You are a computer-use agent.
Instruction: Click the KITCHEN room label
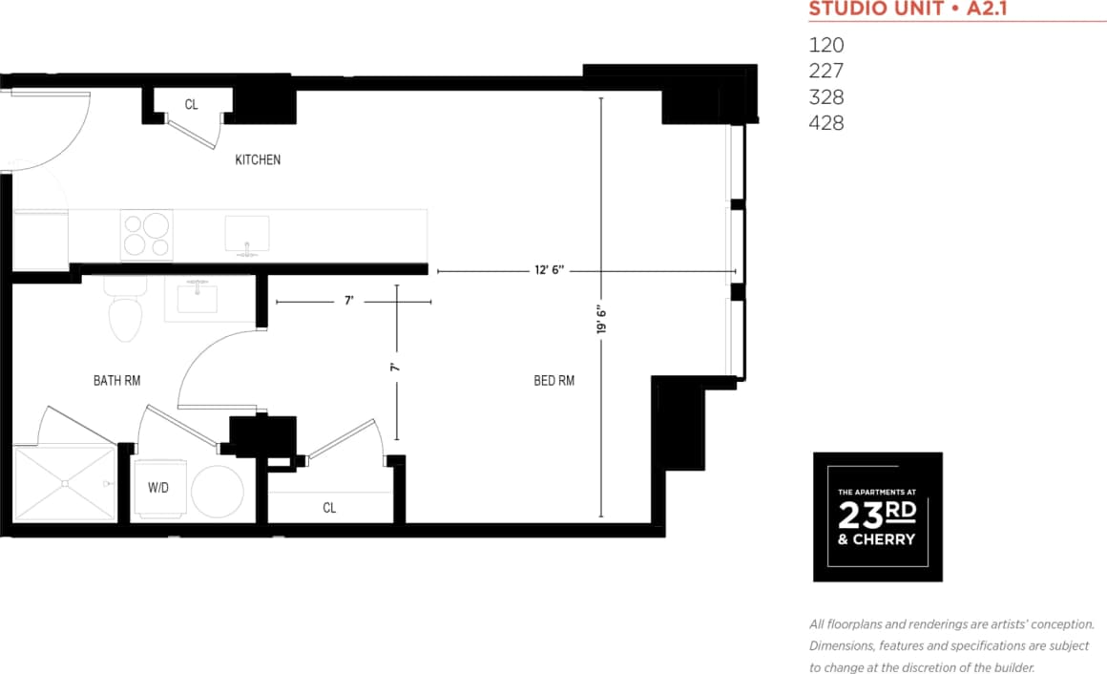click(x=258, y=160)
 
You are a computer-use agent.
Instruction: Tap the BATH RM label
click(x=116, y=380)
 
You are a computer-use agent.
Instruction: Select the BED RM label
click(x=553, y=381)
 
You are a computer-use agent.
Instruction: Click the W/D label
click(x=158, y=487)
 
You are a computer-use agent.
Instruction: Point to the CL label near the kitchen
click(x=192, y=104)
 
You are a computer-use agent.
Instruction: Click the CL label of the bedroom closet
click(x=329, y=508)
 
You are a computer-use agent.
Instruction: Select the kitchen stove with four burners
click(x=147, y=235)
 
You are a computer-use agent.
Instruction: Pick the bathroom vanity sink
click(x=198, y=300)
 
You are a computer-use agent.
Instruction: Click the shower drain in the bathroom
click(x=64, y=484)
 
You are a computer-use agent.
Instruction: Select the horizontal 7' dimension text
click(x=349, y=301)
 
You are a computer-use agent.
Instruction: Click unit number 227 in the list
click(x=826, y=71)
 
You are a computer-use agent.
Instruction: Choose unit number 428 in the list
click(x=826, y=123)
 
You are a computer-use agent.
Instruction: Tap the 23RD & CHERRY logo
click(x=877, y=516)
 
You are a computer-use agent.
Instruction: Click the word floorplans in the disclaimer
click(x=858, y=624)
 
